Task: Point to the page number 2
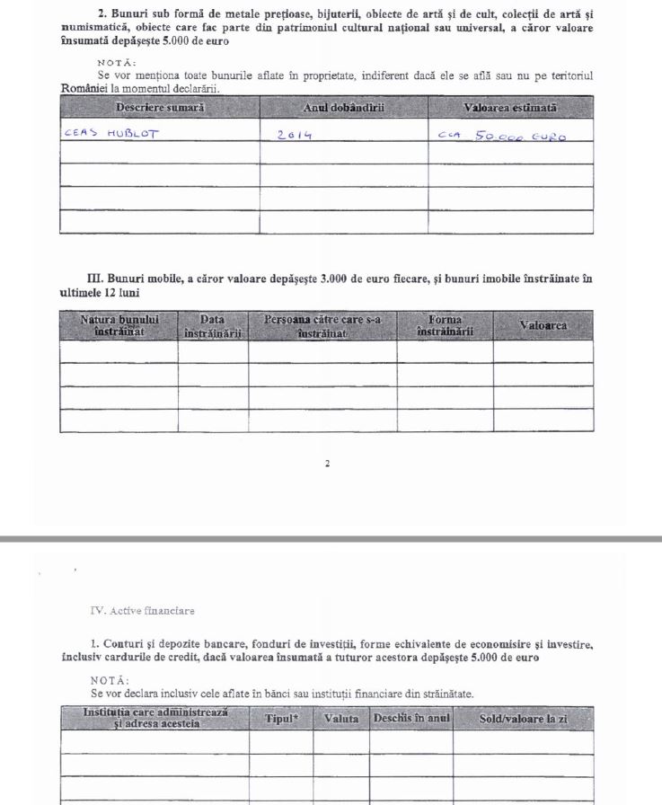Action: click(327, 464)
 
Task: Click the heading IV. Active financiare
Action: click(143, 611)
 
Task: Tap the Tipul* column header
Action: click(281, 719)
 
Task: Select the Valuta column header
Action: click(341, 719)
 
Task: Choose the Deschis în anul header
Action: click(410, 719)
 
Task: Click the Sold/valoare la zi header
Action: click(523, 719)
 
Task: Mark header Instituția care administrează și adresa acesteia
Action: click(154, 718)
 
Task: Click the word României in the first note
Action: click(84, 88)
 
